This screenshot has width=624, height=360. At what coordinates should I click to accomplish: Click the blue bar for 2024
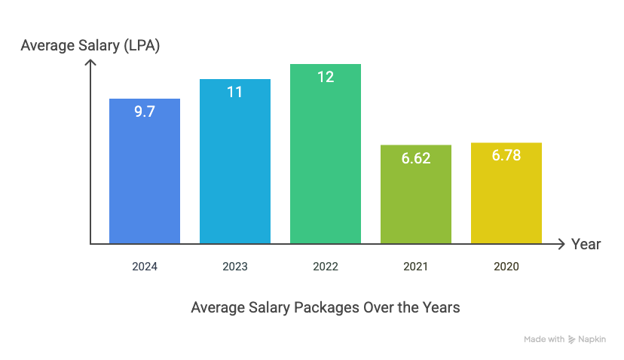click(145, 181)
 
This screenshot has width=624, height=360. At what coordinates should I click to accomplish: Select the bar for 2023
click(235, 173)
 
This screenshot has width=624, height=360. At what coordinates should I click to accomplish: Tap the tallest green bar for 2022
click(326, 166)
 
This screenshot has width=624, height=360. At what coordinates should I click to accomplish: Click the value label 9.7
click(145, 112)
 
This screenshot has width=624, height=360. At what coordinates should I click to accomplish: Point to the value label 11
click(235, 93)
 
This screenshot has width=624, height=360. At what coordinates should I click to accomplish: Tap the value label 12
click(326, 77)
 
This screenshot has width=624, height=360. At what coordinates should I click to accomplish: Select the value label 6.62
click(416, 158)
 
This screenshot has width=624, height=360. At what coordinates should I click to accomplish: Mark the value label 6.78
click(506, 156)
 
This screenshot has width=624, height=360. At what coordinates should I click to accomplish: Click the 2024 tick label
click(145, 267)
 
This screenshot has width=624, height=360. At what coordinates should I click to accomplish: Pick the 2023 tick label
click(235, 267)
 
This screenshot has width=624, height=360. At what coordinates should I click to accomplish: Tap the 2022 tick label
click(326, 267)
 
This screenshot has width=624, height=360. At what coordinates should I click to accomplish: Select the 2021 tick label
click(416, 267)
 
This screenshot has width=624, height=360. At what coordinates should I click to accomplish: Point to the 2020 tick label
click(506, 267)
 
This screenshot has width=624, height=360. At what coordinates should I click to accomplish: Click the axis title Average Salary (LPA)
click(90, 46)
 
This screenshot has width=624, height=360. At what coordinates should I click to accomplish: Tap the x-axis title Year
click(586, 244)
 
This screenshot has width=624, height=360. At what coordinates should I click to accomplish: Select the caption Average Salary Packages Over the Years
click(325, 307)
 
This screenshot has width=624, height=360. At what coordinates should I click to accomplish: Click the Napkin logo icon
click(572, 340)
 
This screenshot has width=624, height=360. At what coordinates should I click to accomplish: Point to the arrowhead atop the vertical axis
click(90, 63)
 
